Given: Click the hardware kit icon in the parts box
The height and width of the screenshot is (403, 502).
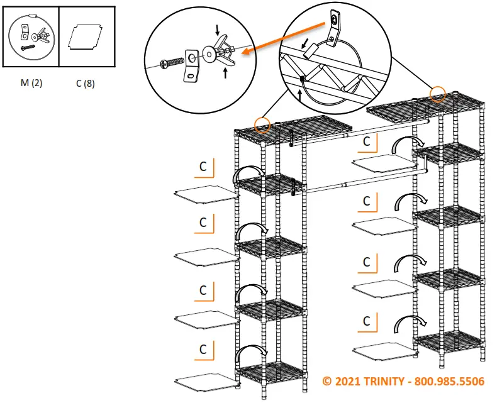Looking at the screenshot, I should (31, 36).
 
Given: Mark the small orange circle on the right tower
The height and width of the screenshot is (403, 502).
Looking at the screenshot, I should (438, 94).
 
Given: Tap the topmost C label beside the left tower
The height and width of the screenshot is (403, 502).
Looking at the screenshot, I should (204, 167).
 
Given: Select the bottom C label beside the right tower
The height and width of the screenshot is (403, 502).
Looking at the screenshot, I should (366, 321).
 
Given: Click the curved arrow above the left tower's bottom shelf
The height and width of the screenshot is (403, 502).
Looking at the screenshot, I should (251, 353).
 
